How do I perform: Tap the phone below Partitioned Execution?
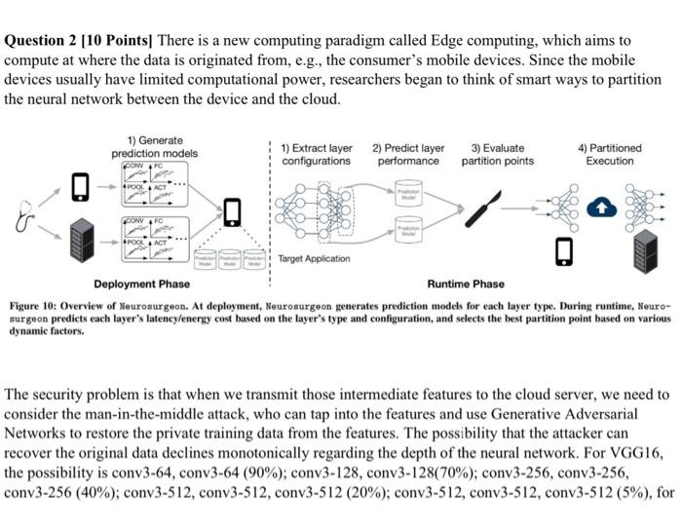click(x=561, y=250)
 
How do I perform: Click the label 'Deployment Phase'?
click(x=142, y=284)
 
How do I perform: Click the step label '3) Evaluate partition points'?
click(x=497, y=154)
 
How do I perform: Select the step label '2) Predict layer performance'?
click(x=408, y=154)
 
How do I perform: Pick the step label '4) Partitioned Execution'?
click(x=609, y=154)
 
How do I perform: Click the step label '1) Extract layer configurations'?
click(x=317, y=154)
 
